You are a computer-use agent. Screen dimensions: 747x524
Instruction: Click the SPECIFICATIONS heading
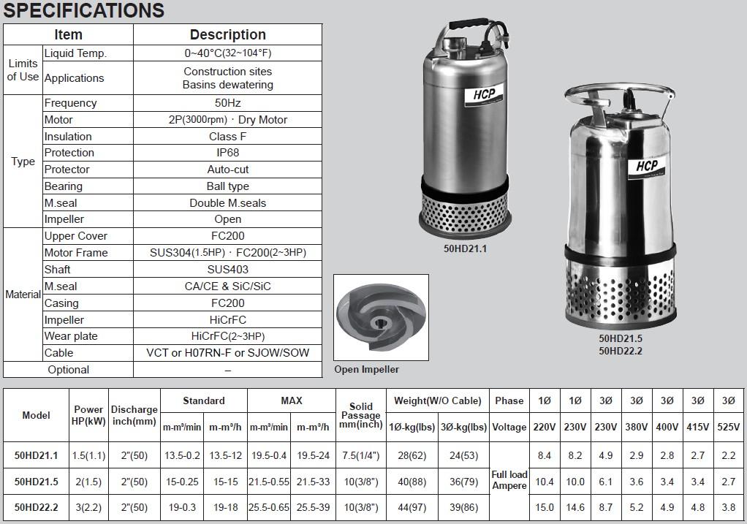click(84, 10)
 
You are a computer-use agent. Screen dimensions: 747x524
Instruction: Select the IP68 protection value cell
click(228, 153)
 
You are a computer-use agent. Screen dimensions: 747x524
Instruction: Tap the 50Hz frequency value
click(228, 103)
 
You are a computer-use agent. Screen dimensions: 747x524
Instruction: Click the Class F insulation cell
click(228, 137)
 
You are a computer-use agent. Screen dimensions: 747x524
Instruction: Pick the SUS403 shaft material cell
click(228, 270)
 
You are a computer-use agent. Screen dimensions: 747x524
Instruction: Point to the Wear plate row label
click(71, 336)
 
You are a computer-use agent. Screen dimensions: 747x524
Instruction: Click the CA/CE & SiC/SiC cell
click(228, 286)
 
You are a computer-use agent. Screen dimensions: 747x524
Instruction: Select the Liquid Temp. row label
click(75, 53)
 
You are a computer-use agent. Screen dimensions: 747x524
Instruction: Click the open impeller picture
click(381, 316)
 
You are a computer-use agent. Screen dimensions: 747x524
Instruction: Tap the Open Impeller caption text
click(366, 369)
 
